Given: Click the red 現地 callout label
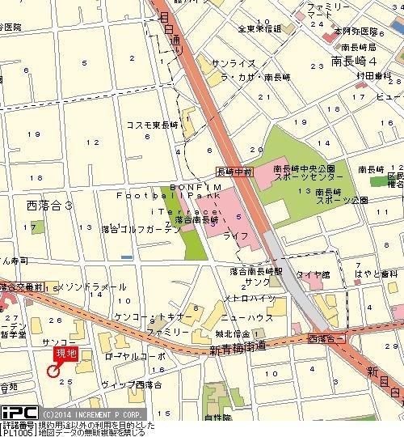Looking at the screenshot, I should coord(67,353).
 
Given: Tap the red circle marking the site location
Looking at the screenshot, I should coord(54,371).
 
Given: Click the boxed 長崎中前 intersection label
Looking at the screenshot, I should coord(235,172).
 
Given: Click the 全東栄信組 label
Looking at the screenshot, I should coord(259,29).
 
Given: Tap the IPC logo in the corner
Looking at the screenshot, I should coord(17,413).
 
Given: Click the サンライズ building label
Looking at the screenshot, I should coord(233,63).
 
